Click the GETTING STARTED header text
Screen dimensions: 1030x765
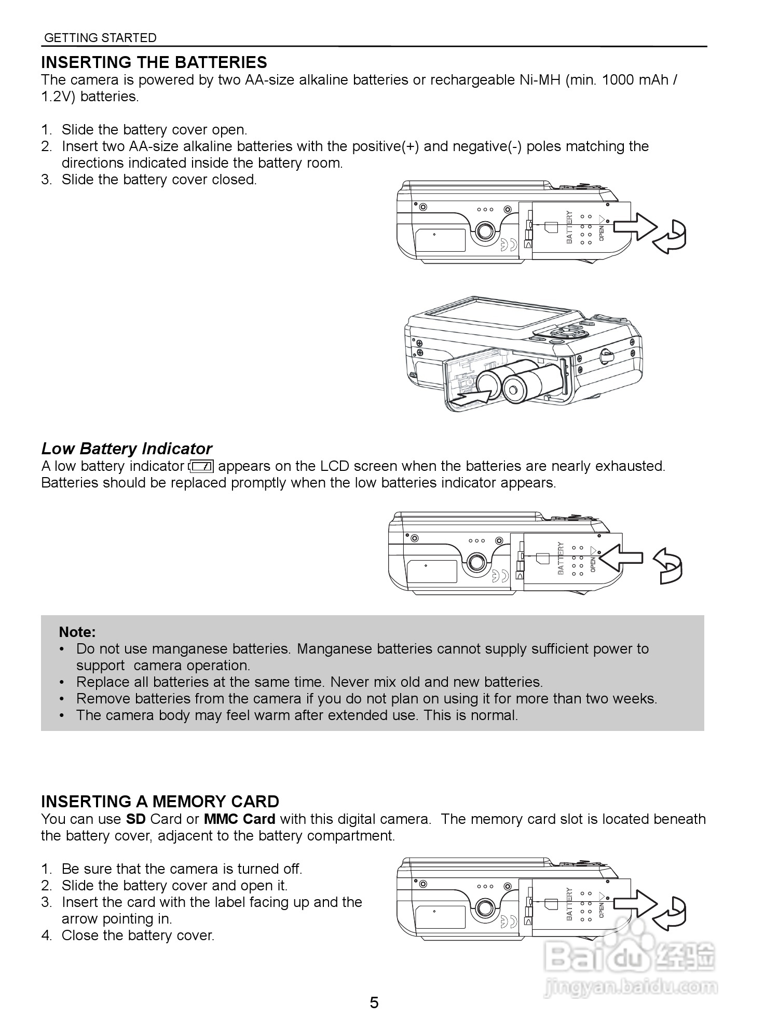coord(100,38)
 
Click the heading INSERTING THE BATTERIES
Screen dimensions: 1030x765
coord(154,62)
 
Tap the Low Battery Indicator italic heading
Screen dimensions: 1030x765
coord(127,449)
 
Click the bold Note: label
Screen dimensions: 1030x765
coord(77,632)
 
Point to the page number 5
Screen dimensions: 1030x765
coord(374,1002)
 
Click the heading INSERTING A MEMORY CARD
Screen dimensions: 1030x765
coord(160,802)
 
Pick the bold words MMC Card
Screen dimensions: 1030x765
coord(239,819)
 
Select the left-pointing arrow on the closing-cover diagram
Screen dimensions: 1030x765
coord(621,558)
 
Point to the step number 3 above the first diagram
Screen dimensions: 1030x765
coord(46,180)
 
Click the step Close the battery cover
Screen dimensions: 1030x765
coord(138,936)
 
